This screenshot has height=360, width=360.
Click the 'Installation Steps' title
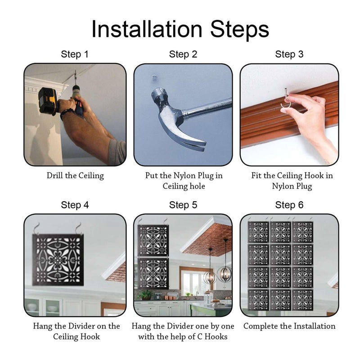click(180, 29)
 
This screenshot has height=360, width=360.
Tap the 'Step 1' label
click(75, 54)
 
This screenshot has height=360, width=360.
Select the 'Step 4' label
click(75, 205)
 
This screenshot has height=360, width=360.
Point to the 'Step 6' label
click(289, 205)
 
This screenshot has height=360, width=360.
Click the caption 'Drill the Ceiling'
click(75, 175)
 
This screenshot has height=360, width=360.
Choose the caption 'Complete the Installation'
click(289, 326)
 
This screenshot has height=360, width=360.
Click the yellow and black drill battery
click(48, 101)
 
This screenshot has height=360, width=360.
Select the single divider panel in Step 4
click(58, 260)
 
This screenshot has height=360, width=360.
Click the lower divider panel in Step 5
click(153, 274)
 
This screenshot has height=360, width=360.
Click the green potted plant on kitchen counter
click(144, 295)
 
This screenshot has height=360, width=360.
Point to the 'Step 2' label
click(183, 54)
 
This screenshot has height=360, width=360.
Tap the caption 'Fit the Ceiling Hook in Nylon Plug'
click(292, 181)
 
